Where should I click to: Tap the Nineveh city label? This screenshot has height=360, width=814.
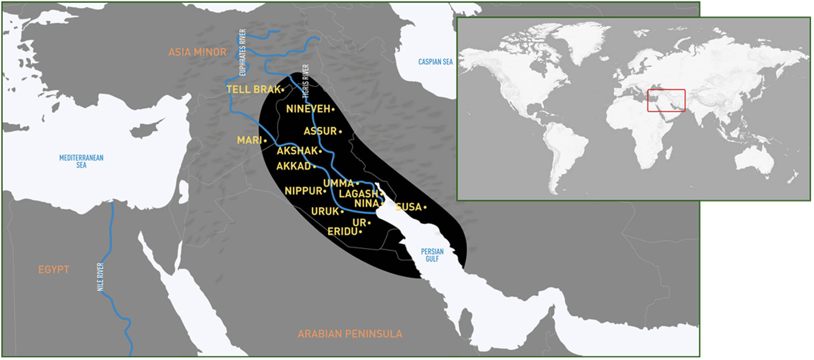point(309,109)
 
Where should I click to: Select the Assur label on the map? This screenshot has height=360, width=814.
point(321,131)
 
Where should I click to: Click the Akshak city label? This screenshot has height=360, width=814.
point(297,151)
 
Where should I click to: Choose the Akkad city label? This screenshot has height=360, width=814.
point(294,166)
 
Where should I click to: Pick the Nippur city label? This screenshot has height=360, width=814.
point(304,191)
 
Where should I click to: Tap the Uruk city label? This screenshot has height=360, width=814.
point(325,212)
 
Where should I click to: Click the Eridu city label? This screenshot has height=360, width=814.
point(343,231)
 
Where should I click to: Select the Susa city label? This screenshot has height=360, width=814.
point(409,207)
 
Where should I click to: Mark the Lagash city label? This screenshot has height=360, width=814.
point(359,194)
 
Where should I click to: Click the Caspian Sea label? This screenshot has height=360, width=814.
point(435,62)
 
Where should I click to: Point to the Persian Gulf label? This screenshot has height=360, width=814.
point(432,255)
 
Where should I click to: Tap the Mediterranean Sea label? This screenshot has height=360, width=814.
point(81,161)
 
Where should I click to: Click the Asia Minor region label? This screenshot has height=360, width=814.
point(197,52)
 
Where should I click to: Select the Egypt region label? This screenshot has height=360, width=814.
point(54,270)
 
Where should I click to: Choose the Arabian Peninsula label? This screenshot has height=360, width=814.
point(350,334)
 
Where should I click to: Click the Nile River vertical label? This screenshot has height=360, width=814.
point(100,277)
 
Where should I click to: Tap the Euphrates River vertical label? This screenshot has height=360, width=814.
point(243,52)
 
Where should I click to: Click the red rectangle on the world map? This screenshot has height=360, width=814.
point(666,100)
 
